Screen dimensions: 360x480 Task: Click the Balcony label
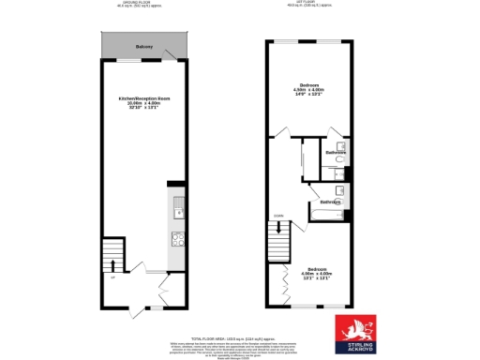point(143,46)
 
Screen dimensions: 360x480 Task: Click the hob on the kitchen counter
point(177,238)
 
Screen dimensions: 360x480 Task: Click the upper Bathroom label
point(337,152)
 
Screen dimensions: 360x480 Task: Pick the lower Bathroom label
point(331,202)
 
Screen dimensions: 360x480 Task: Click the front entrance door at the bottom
point(135,310)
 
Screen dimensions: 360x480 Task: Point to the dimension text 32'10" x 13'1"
point(143,108)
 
